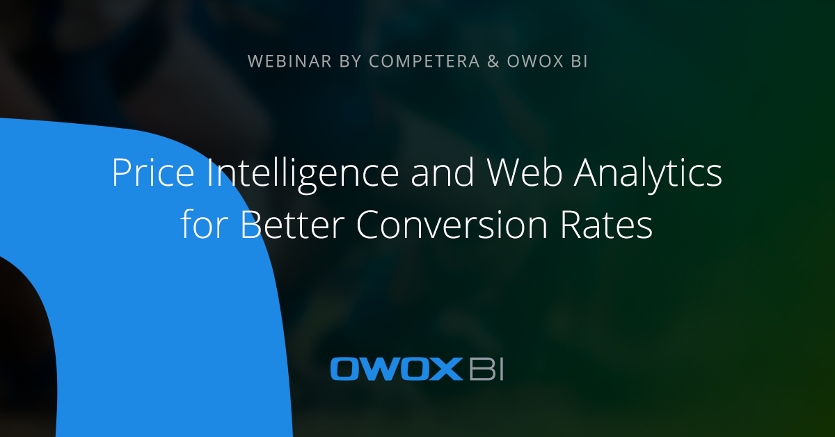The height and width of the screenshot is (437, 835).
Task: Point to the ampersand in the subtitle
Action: tap(493, 61)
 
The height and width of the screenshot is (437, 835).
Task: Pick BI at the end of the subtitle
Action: tap(578, 61)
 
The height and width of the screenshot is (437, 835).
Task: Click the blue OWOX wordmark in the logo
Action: tap(396, 369)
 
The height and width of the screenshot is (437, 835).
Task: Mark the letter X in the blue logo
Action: tap(449, 369)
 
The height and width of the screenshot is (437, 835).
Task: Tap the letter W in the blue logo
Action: tap(379, 369)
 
